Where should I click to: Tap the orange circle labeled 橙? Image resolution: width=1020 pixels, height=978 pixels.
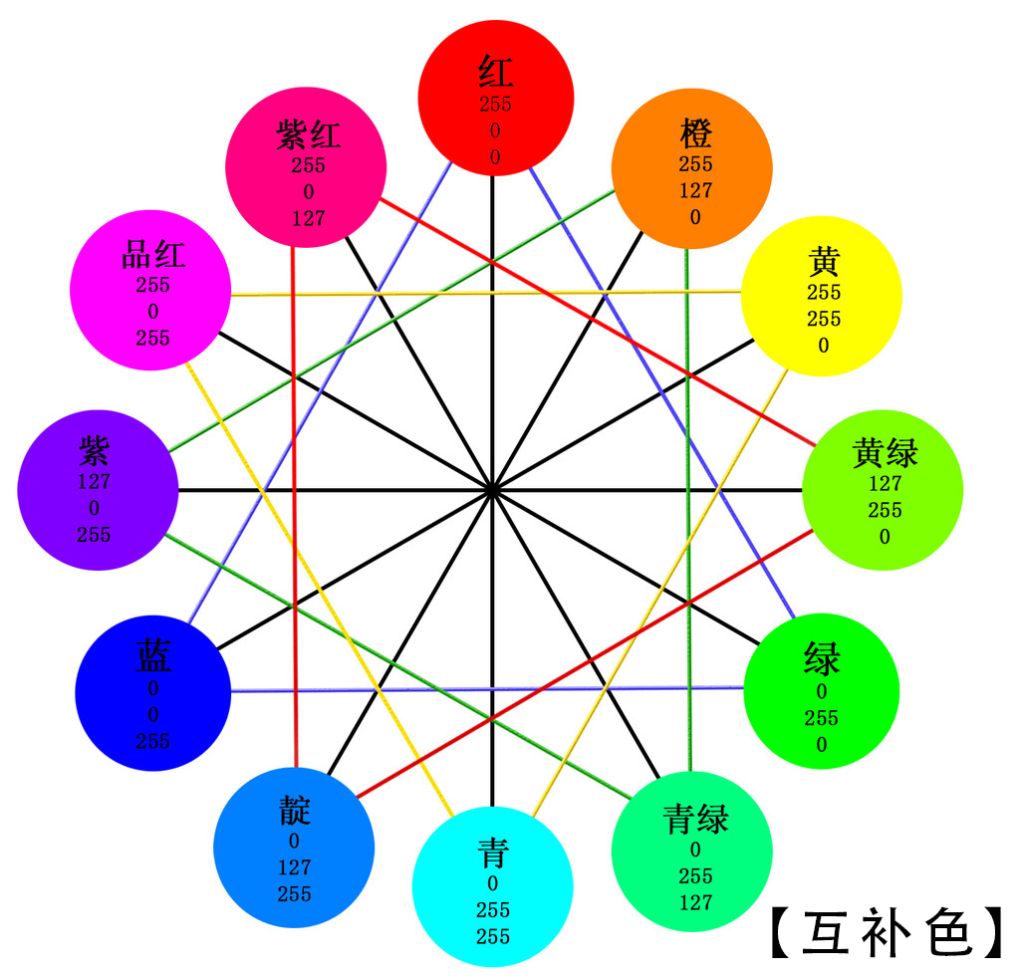click(691, 165)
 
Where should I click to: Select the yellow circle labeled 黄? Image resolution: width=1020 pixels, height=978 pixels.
click(822, 297)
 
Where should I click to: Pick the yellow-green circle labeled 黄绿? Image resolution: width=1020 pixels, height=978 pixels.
click(883, 490)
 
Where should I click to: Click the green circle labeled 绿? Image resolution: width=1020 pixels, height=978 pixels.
click(822, 691)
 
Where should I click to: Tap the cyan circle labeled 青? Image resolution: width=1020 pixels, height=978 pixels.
click(492, 886)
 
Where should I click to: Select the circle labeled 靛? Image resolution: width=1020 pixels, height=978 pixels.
click(294, 848)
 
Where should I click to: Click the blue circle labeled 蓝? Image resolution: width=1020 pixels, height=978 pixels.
click(153, 692)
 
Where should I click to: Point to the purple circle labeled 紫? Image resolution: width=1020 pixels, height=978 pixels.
click(98, 490)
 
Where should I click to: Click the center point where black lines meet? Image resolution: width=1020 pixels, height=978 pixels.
click(492, 490)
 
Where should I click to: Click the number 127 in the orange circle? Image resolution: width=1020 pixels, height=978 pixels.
click(695, 191)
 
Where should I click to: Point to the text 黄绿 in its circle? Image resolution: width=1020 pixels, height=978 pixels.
click(886, 454)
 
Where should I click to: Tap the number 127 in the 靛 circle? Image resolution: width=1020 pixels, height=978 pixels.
click(295, 867)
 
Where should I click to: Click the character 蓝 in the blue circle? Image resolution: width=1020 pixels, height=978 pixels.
click(153, 657)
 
